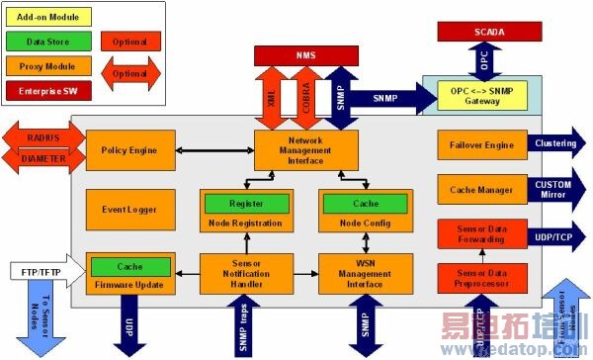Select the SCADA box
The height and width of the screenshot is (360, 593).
(x=483, y=33)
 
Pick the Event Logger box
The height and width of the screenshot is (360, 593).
(x=129, y=209)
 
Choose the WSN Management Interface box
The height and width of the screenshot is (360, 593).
(x=360, y=272)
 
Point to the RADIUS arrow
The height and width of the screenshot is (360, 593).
(x=41, y=136)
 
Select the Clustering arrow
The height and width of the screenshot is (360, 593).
(x=553, y=144)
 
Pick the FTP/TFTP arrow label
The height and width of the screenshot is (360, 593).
(x=41, y=271)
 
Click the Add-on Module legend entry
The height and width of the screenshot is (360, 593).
(x=48, y=18)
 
